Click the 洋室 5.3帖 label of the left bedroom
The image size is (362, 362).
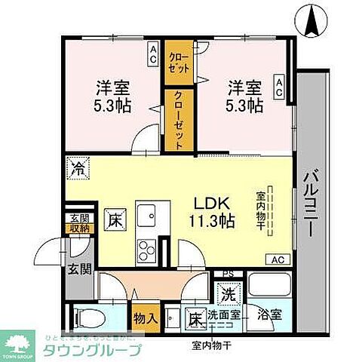pos(113,95)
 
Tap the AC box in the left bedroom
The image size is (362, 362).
pos(152,53)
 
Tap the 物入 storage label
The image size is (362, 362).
pos(146,318)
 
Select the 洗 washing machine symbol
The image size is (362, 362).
pos(227,293)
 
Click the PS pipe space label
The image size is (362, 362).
pos(227,274)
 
